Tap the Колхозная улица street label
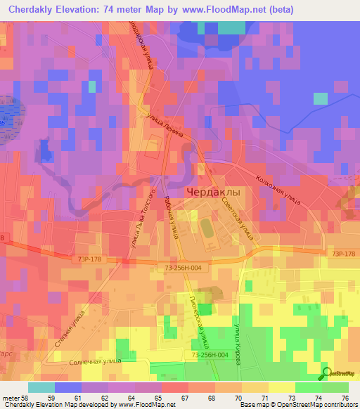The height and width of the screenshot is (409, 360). point(278,190)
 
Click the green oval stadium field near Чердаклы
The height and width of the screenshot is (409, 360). point(205,228)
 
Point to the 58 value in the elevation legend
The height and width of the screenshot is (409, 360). point(20,398)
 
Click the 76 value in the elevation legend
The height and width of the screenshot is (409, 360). point(344,398)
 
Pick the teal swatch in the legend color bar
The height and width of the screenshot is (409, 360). point(41,387)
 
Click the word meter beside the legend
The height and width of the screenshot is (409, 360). point(8,398)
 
